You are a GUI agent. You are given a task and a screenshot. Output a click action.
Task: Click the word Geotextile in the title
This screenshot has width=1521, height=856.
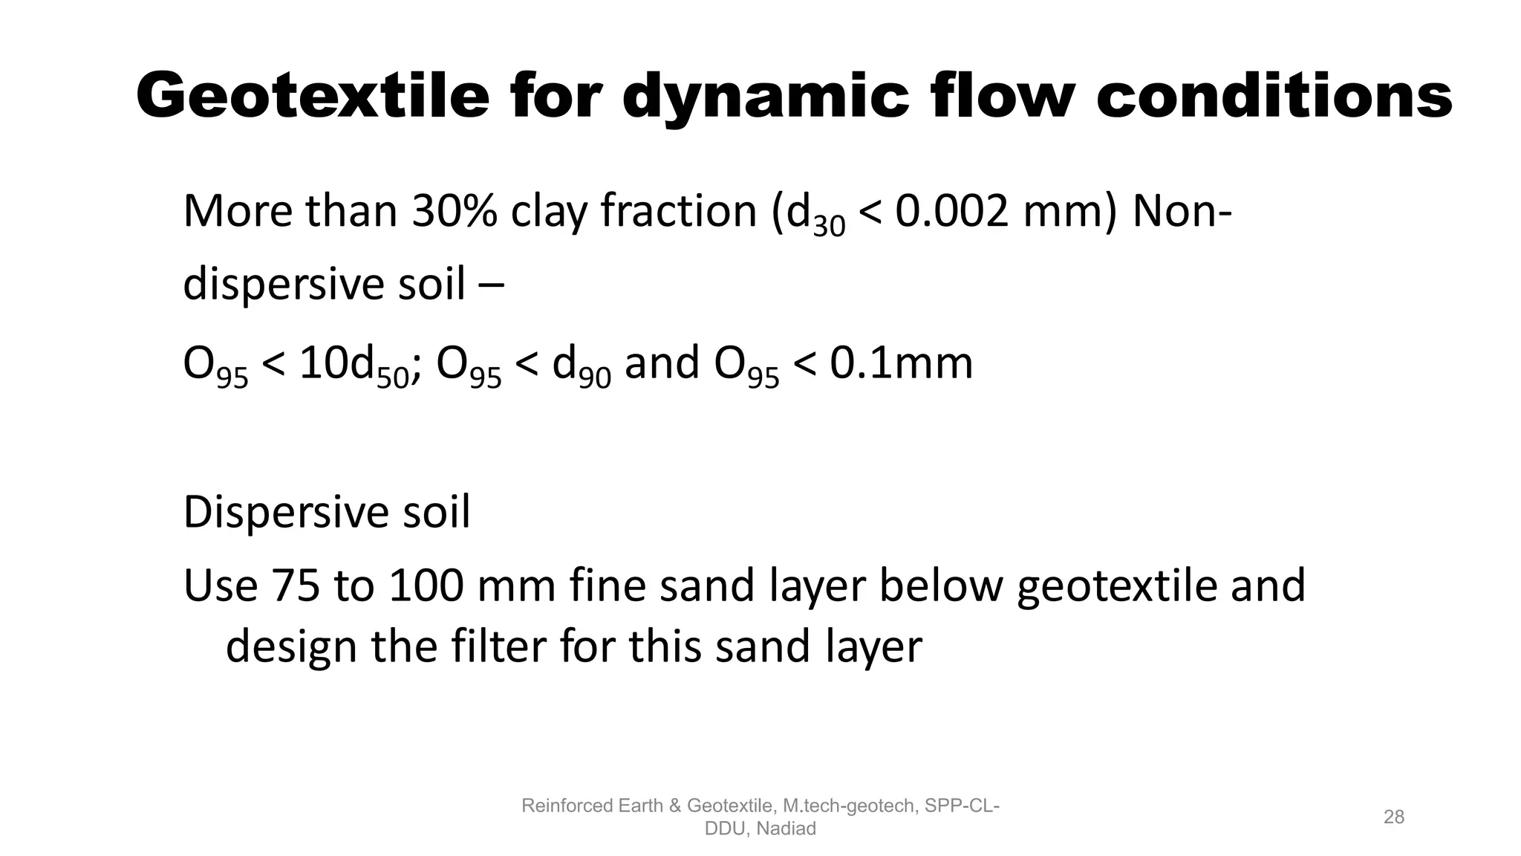[313, 97]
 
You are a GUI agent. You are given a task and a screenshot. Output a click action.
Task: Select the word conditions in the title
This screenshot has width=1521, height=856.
[1274, 97]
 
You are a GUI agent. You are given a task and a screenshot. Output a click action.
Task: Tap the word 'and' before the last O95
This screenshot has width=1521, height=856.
[662, 363]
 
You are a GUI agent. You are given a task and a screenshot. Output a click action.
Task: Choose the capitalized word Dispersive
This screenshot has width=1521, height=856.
[286, 512]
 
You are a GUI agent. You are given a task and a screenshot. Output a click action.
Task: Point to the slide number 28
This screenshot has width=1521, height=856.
[1394, 817]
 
